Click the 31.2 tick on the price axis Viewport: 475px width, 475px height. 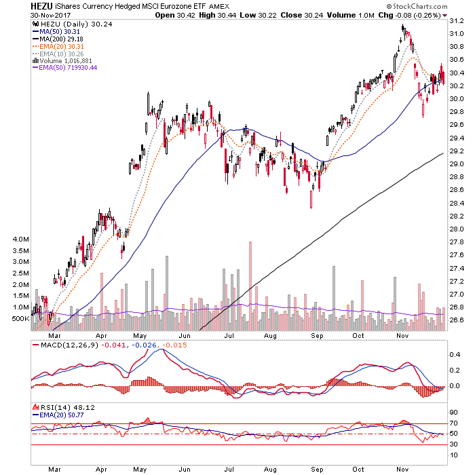[x=457, y=20]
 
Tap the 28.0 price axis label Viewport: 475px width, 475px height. [x=457, y=229]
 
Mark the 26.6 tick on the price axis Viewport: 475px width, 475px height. [x=457, y=320]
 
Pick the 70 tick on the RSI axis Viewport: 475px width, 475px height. [x=453, y=423]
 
